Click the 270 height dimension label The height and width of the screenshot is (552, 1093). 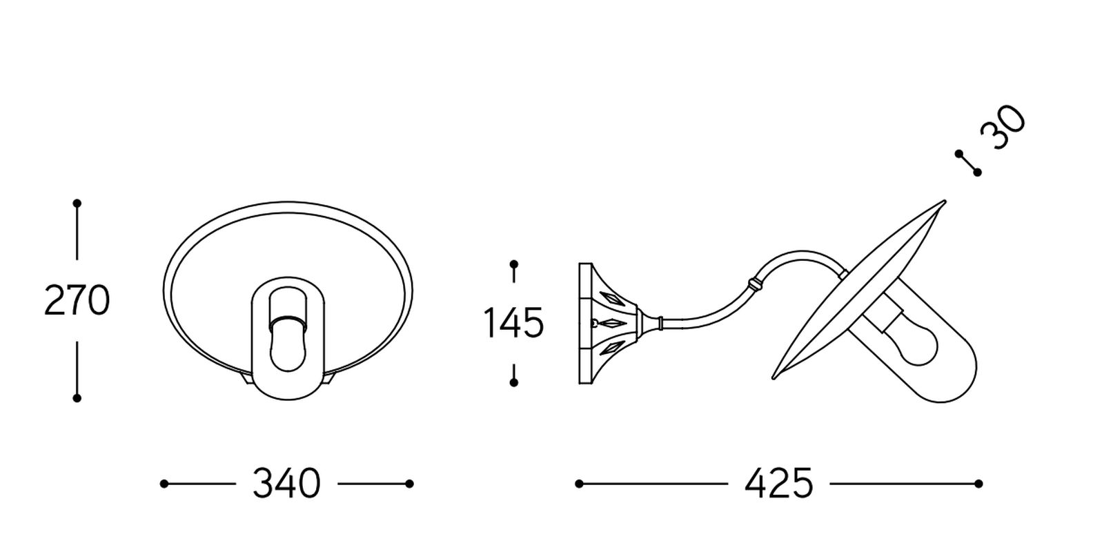coord(77,301)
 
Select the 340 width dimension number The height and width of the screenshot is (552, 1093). coord(286,483)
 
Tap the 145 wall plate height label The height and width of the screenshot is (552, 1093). coord(513,323)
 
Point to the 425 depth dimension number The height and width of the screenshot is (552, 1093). coord(779,483)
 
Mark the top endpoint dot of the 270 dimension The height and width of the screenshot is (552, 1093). coord(77,203)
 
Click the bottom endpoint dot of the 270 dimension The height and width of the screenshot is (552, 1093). coord(77,398)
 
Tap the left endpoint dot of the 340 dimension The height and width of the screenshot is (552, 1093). coord(164,484)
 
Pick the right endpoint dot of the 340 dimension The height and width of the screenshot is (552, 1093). coord(409,484)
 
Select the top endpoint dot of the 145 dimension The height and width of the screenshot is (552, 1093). coord(513,264)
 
